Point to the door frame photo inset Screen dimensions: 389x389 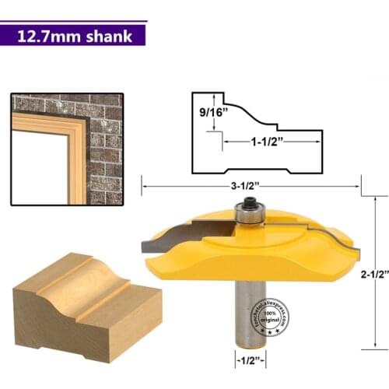[x=67, y=149]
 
